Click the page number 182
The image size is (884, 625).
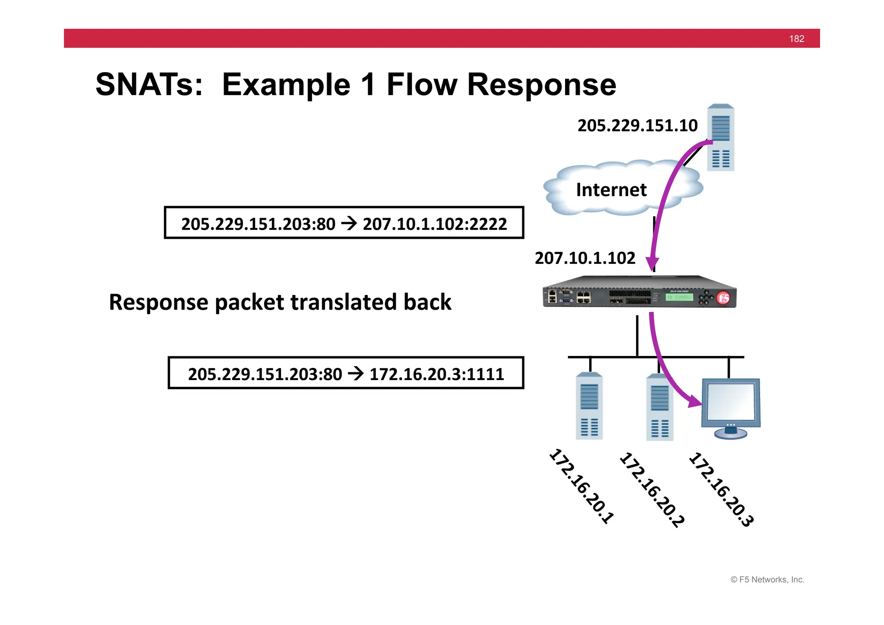[x=796, y=39]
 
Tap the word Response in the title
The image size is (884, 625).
[x=541, y=85]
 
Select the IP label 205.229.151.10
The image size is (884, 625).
[x=637, y=126]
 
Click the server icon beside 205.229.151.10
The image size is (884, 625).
[x=720, y=138]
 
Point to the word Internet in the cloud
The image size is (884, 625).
[x=611, y=190]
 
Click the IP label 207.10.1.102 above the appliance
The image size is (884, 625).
[x=585, y=258]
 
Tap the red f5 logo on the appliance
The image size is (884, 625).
[x=723, y=298]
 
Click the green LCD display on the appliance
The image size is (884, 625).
[x=679, y=297]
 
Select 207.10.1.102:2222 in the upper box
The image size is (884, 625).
[x=435, y=224]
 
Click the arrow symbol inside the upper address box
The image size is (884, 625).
[x=349, y=223]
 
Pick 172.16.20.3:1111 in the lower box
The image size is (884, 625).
[x=436, y=374]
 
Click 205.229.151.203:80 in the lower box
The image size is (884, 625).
[x=265, y=374]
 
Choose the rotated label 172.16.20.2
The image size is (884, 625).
[x=651, y=490]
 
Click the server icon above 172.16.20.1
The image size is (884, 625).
[x=589, y=406]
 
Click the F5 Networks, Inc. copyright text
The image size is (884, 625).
[x=767, y=580]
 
